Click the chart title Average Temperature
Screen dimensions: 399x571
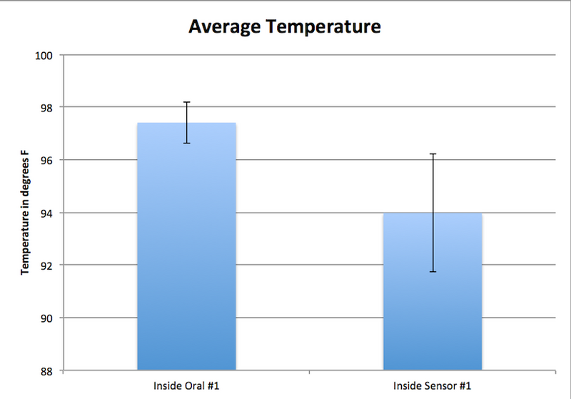click(x=284, y=28)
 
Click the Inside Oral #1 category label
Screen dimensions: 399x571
click(x=186, y=386)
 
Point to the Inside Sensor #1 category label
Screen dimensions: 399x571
click(x=433, y=386)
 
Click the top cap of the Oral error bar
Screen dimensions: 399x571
click(x=186, y=102)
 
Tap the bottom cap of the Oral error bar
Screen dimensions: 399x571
click(x=186, y=143)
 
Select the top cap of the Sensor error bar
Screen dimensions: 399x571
click(x=433, y=153)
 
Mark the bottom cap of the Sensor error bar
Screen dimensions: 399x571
click(x=433, y=272)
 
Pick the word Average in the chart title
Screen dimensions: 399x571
click(x=224, y=28)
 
